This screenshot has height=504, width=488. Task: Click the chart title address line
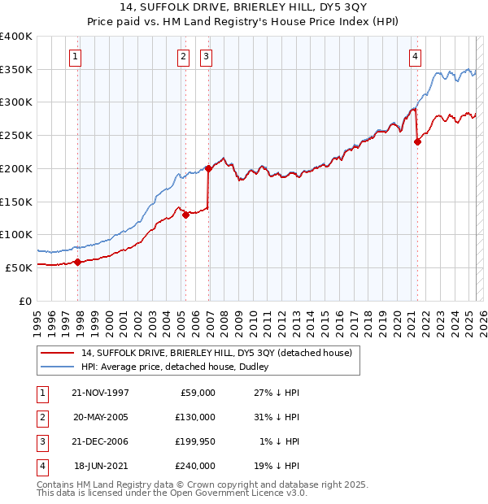tap(243, 8)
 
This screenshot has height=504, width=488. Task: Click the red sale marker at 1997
tap(78, 262)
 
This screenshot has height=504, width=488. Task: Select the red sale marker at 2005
tap(185, 215)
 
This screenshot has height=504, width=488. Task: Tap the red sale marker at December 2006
tap(208, 169)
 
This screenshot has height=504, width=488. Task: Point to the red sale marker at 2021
tap(417, 141)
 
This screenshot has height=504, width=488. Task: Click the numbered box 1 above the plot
tap(75, 57)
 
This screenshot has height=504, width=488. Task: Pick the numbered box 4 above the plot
tap(415, 57)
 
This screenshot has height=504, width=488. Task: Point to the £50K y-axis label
tap(20, 267)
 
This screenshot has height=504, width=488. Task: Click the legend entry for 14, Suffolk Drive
tap(216, 353)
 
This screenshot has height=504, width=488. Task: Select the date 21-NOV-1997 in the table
tap(101, 393)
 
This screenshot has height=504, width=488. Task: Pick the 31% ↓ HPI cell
tap(280, 417)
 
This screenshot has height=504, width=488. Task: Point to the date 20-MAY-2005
tap(101, 417)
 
